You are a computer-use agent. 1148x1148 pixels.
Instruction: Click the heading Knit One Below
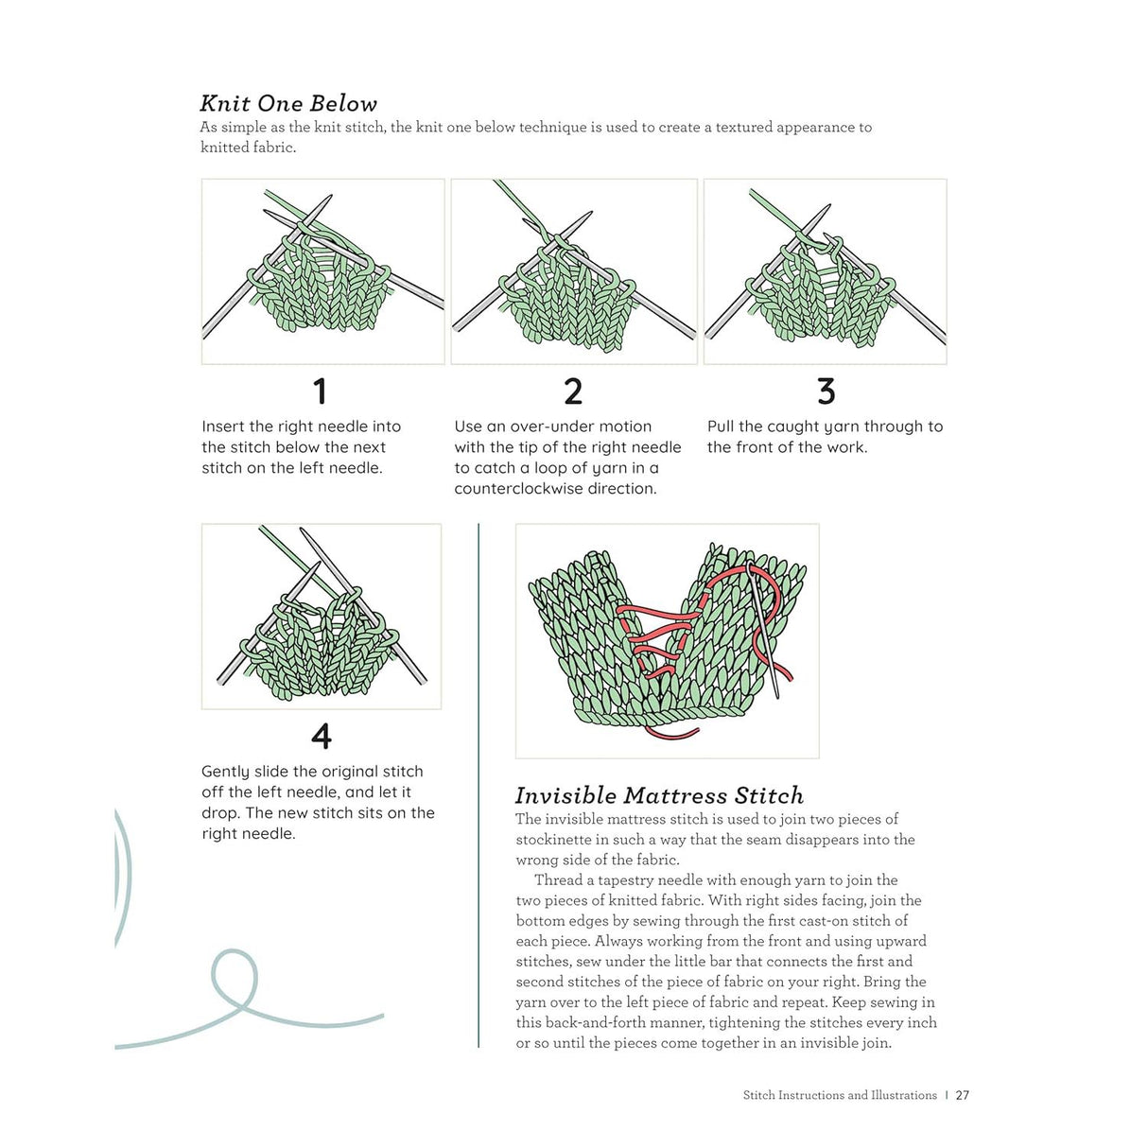click(x=288, y=103)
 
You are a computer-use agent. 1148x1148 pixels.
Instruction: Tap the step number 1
click(x=320, y=391)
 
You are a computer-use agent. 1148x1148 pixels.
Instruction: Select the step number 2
click(x=573, y=391)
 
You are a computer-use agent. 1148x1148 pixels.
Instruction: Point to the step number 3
click(x=826, y=391)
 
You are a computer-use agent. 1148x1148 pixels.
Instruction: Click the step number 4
click(x=322, y=737)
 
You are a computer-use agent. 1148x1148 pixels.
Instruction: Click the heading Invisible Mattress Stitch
click(x=659, y=795)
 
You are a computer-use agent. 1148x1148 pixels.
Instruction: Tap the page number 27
click(x=963, y=1095)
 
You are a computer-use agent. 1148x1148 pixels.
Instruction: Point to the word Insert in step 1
click(x=223, y=426)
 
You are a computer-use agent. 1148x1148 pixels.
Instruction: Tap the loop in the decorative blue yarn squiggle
click(x=235, y=979)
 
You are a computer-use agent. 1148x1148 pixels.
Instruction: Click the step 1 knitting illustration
click(x=322, y=271)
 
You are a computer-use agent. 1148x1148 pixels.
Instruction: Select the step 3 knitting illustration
click(x=825, y=271)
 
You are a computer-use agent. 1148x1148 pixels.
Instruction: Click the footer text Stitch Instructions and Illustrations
click(x=840, y=1095)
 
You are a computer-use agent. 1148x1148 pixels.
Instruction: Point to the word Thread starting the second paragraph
click(x=558, y=880)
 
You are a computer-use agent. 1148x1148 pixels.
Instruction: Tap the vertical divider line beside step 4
click(x=479, y=785)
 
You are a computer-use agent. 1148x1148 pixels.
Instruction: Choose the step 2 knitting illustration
click(x=574, y=271)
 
